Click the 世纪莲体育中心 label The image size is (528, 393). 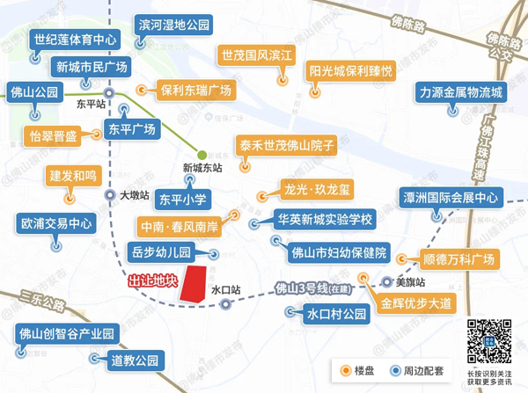pyautogui.click(x=75, y=40)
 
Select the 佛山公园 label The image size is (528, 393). pyautogui.click(x=34, y=91)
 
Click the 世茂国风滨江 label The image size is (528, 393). pyautogui.click(x=256, y=55)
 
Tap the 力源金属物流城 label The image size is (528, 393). pyautogui.click(x=461, y=92)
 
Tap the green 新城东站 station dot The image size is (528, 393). pyautogui.click(x=202, y=154)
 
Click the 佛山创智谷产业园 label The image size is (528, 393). pyautogui.click(x=68, y=334)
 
